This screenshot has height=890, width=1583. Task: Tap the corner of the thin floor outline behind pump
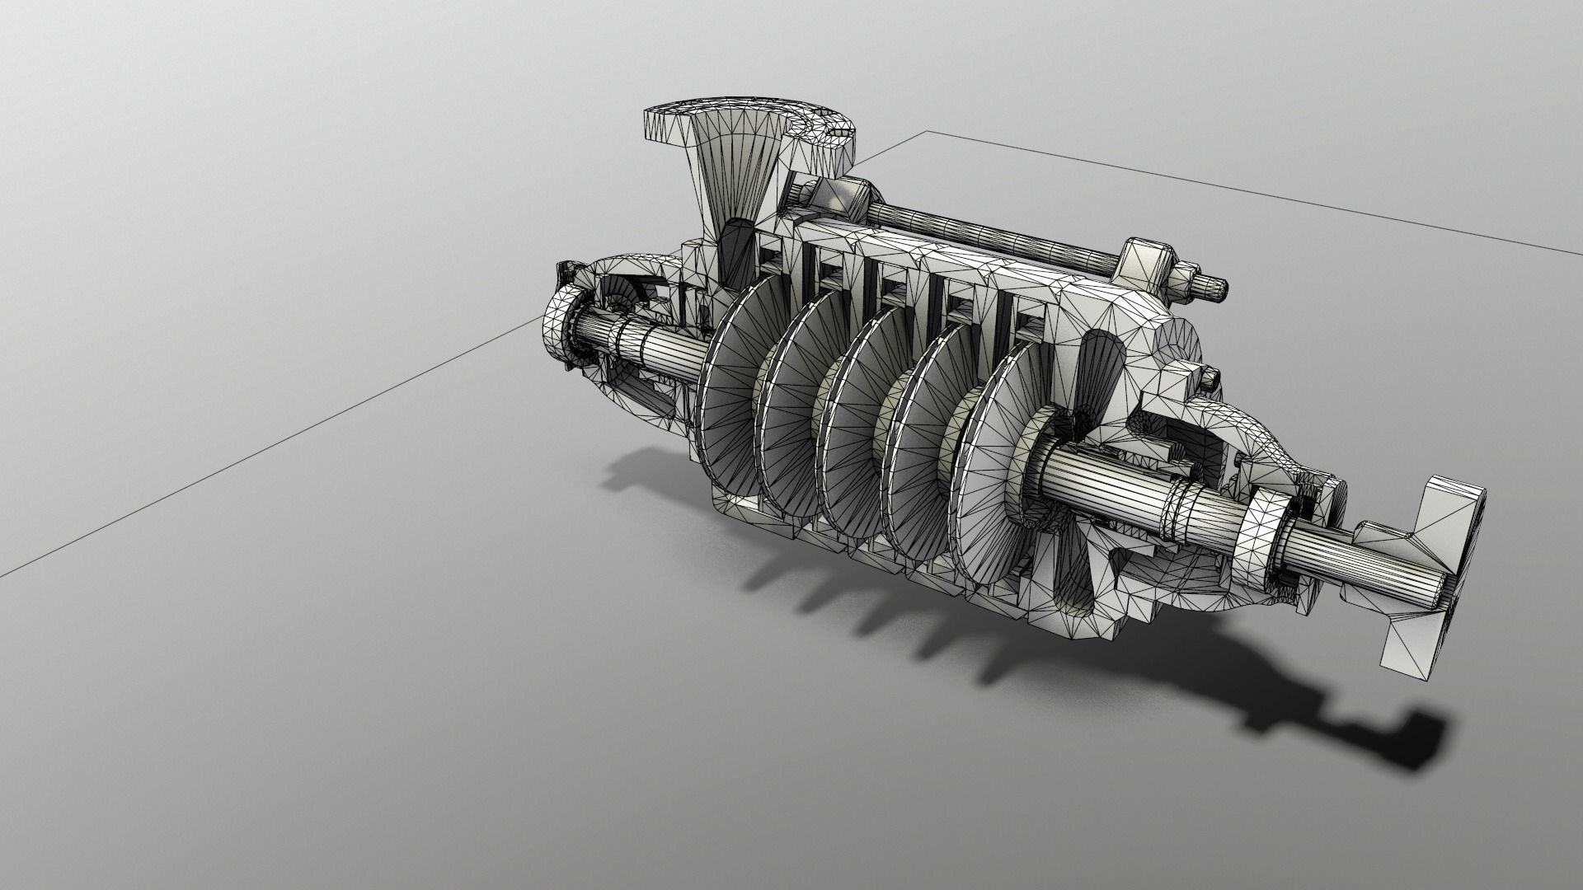tap(929, 131)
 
